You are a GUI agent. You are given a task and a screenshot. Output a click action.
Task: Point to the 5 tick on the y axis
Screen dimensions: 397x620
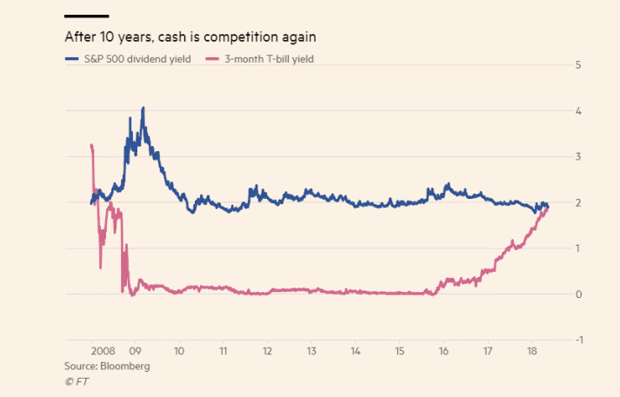coord(577,65)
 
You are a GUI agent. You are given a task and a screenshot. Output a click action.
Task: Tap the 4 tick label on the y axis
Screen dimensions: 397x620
coord(577,111)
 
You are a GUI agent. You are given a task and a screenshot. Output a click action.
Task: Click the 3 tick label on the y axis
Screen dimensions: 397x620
coord(577,157)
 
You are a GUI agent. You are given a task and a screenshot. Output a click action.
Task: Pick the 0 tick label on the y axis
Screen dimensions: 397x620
coord(577,294)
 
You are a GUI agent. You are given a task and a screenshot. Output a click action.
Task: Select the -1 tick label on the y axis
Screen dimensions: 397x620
coord(576,340)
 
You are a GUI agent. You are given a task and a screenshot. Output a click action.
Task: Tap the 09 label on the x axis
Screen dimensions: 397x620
coord(135,352)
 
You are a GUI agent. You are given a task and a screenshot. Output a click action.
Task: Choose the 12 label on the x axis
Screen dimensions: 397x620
coord(268,352)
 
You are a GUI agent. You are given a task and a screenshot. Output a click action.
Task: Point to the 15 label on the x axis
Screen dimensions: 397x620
coord(400,352)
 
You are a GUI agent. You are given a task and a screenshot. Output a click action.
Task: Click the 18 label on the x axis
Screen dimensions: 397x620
coord(532,352)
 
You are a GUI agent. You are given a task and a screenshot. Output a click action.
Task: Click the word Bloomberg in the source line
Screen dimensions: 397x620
coord(126,367)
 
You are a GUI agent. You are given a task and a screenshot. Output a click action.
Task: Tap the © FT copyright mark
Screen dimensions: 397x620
coord(77,381)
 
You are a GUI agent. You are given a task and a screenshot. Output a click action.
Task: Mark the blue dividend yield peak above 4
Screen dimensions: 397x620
coord(143,109)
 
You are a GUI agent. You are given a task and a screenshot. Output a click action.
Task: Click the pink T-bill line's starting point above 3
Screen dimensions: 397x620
coord(91,145)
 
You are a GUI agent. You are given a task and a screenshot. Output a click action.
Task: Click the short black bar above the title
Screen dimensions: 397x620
coord(87,16)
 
